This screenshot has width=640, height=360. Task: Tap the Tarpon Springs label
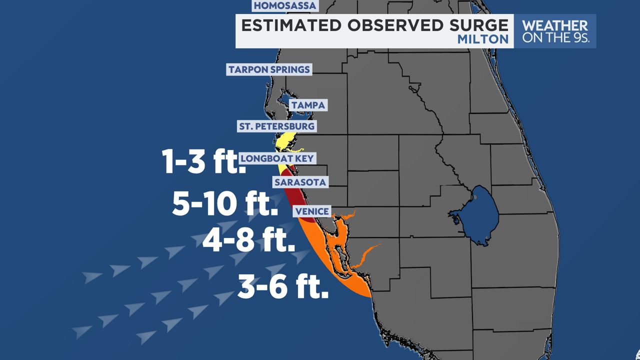(269, 69)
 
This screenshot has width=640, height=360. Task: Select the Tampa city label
(308, 105)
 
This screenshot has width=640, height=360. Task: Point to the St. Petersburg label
(276, 126)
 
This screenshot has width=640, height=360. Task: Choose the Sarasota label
(300, 182)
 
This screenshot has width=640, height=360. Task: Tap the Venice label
(312, 211)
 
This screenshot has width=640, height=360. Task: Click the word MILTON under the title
(483, 39)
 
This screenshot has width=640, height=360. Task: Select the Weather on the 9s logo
(555, 31)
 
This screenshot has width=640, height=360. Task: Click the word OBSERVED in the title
(392, 25)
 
